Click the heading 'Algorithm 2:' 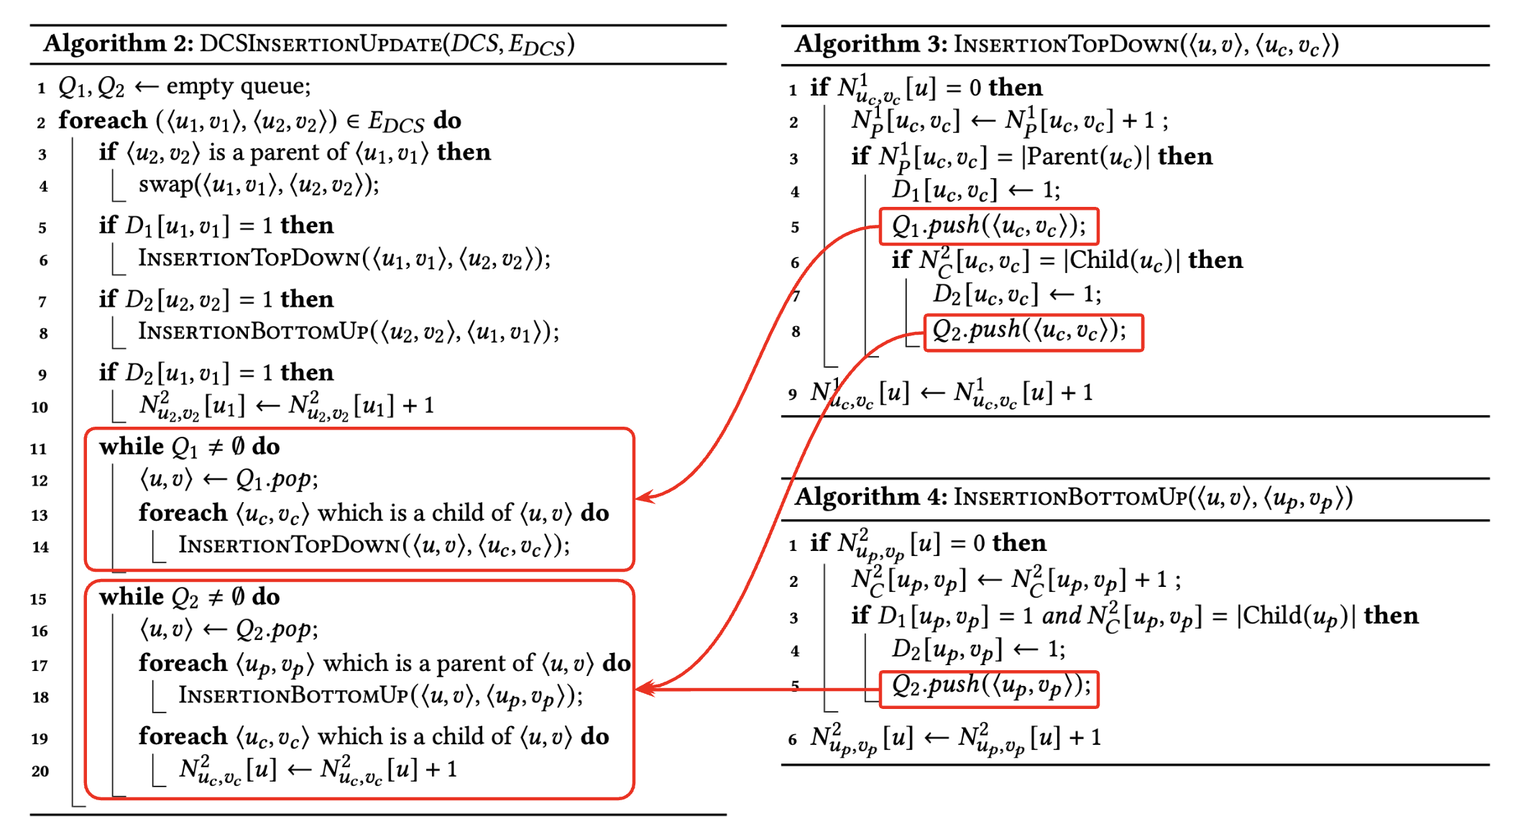pyautogui.click(x=119, y=45)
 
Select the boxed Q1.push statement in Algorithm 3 pyautogui.click(x=989, y=226)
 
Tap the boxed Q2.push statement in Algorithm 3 pyautogui.click(x=1034, y=332)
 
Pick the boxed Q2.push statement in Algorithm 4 pyautogui.click(x=989, y=689)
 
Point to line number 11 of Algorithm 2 pyautogui.click(x=39, y=449)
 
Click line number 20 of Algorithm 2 pyautogui.click(x=40, y=771)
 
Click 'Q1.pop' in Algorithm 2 pyautogui.click(x=276, y=480)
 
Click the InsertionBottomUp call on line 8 pyautogui.click(x=348, y=332)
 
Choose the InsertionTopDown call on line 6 pyautogui.click(x=344, y=259)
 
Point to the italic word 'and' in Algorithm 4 pyautogui.click(x=1062, y=616)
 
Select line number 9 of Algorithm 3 pyautogui.click(x=792, y=394)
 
